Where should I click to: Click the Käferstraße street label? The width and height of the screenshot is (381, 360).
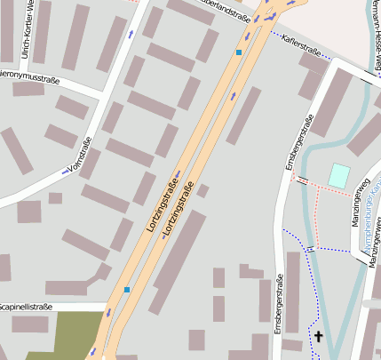click(300, 41)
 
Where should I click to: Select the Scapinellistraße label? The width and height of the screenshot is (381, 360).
click(26, 307)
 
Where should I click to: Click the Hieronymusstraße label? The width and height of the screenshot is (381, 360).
click(28, 77)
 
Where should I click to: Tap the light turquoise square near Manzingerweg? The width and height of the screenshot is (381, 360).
click(338, 176)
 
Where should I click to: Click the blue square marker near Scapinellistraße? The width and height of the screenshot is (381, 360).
click(127, 290)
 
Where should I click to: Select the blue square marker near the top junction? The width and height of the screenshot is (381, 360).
click(239, 52)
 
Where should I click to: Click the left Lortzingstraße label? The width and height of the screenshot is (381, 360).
click(162, 206)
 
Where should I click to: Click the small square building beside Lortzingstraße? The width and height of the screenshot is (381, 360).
click(202, 190)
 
